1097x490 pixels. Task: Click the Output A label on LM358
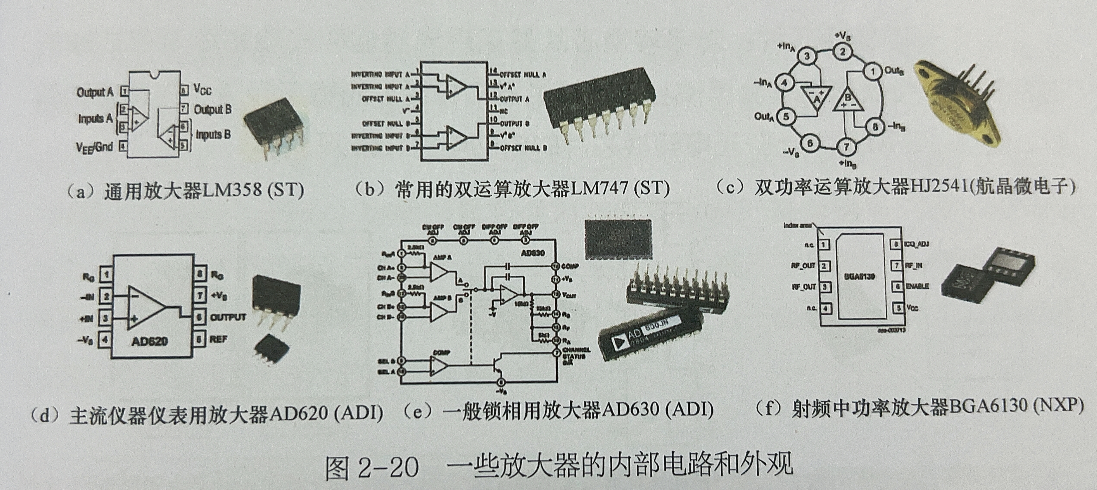[x=95, y=92]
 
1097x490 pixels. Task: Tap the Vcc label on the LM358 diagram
[x=202, y=89]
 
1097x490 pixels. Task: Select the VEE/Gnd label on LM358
[x=94, y=147]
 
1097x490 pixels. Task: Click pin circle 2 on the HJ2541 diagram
[x=842, y=52]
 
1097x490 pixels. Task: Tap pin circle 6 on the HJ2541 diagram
[x=810, y=144]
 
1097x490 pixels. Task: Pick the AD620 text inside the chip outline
[x=150, y=341]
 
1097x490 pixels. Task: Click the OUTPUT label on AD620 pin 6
[x=228, y=317]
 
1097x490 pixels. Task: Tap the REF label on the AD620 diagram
[x=218, y=339]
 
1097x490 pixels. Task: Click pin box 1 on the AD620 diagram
[x=106, y=275]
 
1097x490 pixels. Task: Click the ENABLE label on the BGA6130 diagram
[x=917, y=286]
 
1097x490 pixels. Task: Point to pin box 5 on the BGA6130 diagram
[x=898, y=307]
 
